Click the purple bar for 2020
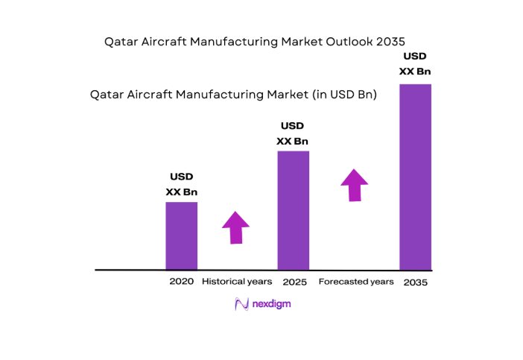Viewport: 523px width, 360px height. [181, 236]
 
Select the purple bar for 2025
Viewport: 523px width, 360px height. [293, 210]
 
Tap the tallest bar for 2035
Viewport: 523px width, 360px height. [415, 177]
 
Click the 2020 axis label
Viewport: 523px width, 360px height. [181, 282]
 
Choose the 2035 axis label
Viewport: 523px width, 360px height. [416, 282]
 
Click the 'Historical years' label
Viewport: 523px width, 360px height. [237, 282]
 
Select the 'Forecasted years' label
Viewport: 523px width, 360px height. [356, 282]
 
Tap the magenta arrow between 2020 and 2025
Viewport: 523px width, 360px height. [236, 227]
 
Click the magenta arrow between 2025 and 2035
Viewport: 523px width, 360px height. [355, 184]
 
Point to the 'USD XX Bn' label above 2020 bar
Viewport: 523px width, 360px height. [181, 184]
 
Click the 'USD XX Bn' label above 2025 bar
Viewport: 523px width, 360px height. [293, 133]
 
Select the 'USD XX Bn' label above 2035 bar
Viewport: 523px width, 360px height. [415, 63]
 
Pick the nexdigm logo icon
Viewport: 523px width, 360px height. [241, 304]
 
